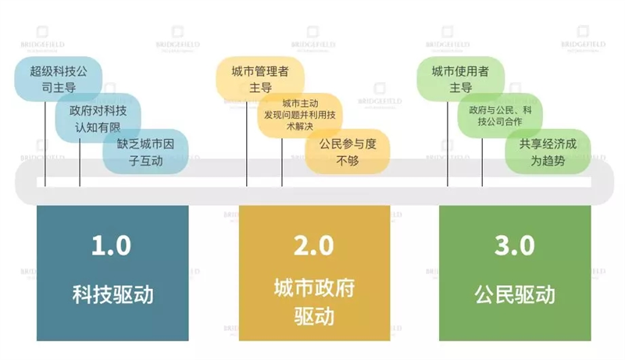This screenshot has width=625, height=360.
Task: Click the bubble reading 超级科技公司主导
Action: pos(58,79)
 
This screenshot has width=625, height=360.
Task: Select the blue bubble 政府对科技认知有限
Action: pos(98,118)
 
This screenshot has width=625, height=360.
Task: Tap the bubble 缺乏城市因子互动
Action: pos(145,151)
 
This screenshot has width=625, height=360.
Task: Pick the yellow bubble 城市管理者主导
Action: pos(260,79)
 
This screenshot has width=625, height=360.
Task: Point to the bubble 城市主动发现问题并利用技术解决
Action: pos(300,115)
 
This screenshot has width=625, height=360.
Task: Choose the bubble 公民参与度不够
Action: pos(348,151)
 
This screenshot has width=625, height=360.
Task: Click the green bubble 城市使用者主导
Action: pos(461,79)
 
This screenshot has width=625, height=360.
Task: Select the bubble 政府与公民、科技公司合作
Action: pos(500,116)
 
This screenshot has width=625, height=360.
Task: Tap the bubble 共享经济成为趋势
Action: pos(548,151)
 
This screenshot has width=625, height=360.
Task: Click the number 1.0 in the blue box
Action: pos(111,245)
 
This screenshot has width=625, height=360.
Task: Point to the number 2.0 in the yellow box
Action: pos(314,245)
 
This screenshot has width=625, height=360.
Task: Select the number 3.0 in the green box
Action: pos(515,245)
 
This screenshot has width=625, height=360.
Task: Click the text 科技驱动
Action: pos(112,294)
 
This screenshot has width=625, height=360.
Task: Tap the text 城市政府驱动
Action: pos(314,302)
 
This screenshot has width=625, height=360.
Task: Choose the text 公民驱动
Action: pos(515,294)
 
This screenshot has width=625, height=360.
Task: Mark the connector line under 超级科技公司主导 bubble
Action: pos(45,144)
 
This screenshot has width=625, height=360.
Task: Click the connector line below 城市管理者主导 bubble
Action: pos(247,144)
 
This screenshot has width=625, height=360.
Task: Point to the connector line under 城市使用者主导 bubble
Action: pos(448,144)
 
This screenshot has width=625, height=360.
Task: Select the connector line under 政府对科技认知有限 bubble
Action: pos(80,162)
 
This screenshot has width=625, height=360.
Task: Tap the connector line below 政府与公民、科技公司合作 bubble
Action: pos(482,162)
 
